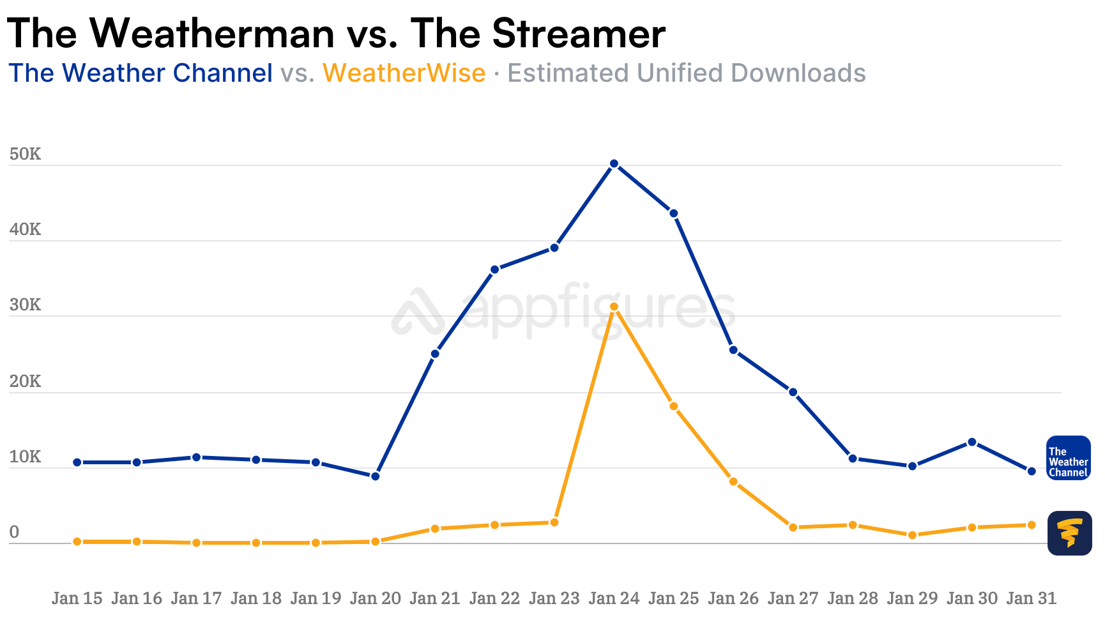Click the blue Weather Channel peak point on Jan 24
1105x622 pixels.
click(x=614, y=164)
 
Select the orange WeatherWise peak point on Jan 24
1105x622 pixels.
click(x=614, y=307)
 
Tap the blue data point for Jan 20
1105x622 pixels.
click(x=376, y=476)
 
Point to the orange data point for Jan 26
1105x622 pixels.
click(x=733, y=482)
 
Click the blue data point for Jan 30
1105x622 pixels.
click(x=972, y=442)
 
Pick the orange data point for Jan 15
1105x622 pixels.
click(x=77, y=542)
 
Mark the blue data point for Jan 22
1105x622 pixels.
click(x=494, y=269)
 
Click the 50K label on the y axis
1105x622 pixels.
click(x=25, y=155)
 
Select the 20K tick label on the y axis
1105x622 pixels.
click(x=25, y=381)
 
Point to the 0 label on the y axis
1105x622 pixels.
click(x=14, y=532)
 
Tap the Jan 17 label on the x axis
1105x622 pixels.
click(x=196, y=598)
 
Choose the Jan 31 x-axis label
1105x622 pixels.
click(x=1032, y=598)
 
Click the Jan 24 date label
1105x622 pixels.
click(x=614, y=598)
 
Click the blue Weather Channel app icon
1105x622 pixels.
click(x=1068, y=458)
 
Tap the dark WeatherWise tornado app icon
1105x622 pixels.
click(x=1069, y=533)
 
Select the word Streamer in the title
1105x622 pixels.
click(x=579, y=33)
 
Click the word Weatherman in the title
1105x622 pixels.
click(x=212, y=33)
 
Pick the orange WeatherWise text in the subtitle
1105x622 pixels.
click(x=404, y=73)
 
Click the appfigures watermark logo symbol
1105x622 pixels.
click(x=418, y=312)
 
